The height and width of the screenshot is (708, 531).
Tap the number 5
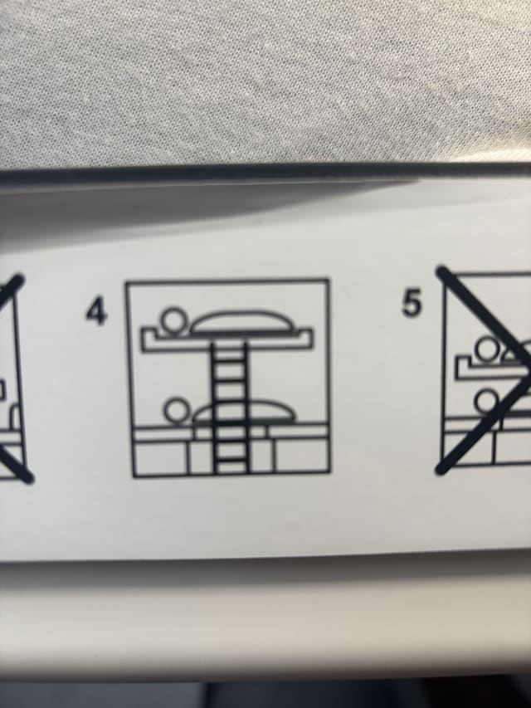(412, 302)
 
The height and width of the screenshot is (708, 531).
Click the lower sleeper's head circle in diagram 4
(176, 411)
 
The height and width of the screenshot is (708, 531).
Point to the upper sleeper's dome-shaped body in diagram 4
(244, 321)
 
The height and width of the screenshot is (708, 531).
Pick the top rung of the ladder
(229, 360)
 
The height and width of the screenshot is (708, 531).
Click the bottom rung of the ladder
(231, 460)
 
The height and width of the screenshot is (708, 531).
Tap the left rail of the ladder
(214, 408)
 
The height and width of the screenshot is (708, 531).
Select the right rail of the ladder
(246, 408)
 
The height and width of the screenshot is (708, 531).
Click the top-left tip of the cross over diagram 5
(442, 272)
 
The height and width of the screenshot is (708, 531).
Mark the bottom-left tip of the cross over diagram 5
(441, 470)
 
